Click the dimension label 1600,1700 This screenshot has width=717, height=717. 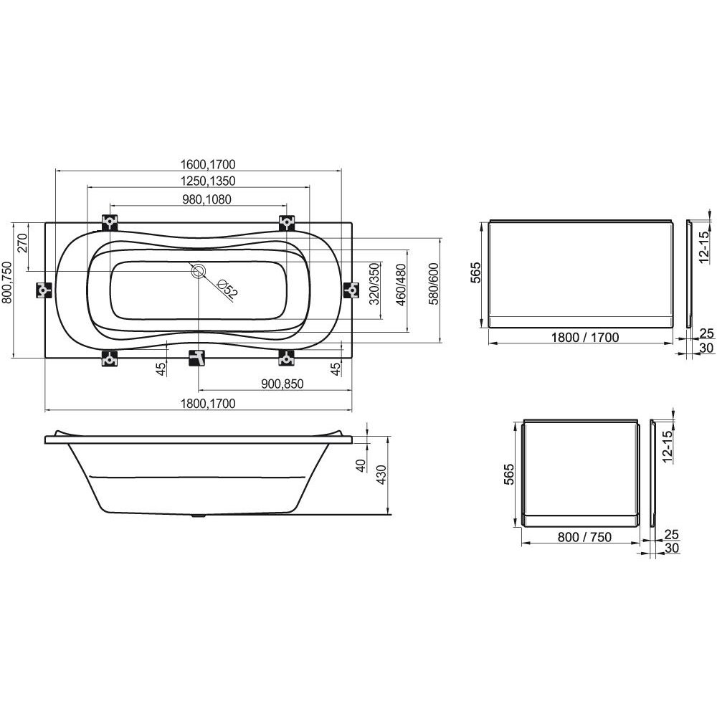[208, 163]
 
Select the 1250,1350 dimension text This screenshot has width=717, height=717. [208, 181]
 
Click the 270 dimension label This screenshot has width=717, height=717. [22, 243]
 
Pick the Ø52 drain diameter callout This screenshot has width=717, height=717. [227, 289]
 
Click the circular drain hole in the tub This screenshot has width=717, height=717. [199, 272]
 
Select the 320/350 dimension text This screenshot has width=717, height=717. [374, 284]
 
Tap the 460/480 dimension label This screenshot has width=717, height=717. [401, 285]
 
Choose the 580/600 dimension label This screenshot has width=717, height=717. [434, 284]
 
